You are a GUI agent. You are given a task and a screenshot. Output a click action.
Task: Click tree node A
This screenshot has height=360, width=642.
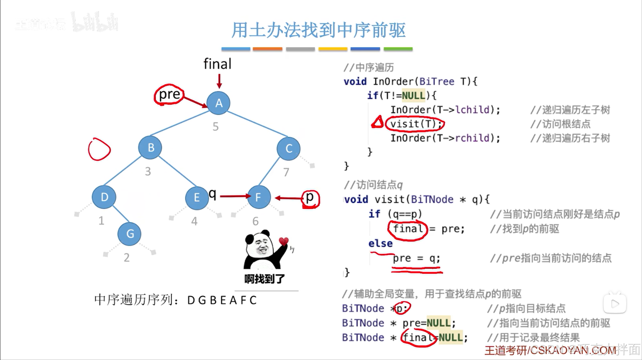click(x=218, y=103)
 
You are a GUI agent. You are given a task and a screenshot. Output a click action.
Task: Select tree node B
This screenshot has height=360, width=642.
click(x=150, y=148)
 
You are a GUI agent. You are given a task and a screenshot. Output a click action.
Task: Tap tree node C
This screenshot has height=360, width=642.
click(x=288, y=148)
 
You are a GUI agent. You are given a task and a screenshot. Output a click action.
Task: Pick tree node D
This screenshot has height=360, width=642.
click(x=104, y=197)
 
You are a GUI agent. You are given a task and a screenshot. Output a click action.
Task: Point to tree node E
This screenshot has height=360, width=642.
click(x=197, y=197)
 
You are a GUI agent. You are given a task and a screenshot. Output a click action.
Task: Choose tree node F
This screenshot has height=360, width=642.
click(x=258, y=197)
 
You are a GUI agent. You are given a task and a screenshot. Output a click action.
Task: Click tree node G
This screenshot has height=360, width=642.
click(x=129, y=234)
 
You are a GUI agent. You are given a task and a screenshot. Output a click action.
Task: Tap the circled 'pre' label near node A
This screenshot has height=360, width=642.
click(x=169, y=94)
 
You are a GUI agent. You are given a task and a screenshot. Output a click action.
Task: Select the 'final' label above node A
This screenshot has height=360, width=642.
click(x=217, y=64)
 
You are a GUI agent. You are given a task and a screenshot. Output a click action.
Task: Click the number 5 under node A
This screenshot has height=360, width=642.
click(x=215, y=126)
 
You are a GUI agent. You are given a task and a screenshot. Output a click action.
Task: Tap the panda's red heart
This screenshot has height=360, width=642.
click(x=283, y=241)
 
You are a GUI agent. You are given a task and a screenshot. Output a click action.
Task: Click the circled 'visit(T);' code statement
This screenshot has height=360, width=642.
click(x=415, y=124)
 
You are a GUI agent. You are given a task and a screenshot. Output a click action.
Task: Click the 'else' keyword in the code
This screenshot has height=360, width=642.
click(x=380, y=244)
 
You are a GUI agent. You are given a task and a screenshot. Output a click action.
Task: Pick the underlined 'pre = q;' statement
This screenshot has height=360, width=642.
click(x=416, y=258)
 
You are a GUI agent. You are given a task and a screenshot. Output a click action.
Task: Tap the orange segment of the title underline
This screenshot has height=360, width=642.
click(x=267, y=49)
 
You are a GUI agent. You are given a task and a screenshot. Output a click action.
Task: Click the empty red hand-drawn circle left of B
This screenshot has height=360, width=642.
click(x=99, y=149)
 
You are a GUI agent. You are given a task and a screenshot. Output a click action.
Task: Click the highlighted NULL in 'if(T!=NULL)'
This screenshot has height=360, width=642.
click(x=413, y=95)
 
